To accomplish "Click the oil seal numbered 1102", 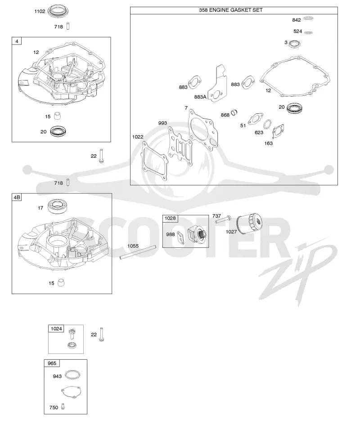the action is click(58, 11).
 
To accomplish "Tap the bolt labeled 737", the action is click(223, 219).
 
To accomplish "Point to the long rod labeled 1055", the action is click(138, 251).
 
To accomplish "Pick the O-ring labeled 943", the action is click(72, 375).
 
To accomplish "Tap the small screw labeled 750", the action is click(63, 407).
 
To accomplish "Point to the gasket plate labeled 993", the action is click(179, 143).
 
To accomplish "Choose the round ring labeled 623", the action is click(267, 125).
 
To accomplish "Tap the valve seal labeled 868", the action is click(234, 112).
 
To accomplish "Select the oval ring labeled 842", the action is click(309, 18).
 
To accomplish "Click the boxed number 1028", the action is click(170, 218).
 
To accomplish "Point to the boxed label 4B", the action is click(17, 197).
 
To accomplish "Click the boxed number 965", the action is click(52, 363).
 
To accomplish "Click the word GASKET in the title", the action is click(241, 10).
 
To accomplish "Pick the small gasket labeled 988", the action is click(180, 237).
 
